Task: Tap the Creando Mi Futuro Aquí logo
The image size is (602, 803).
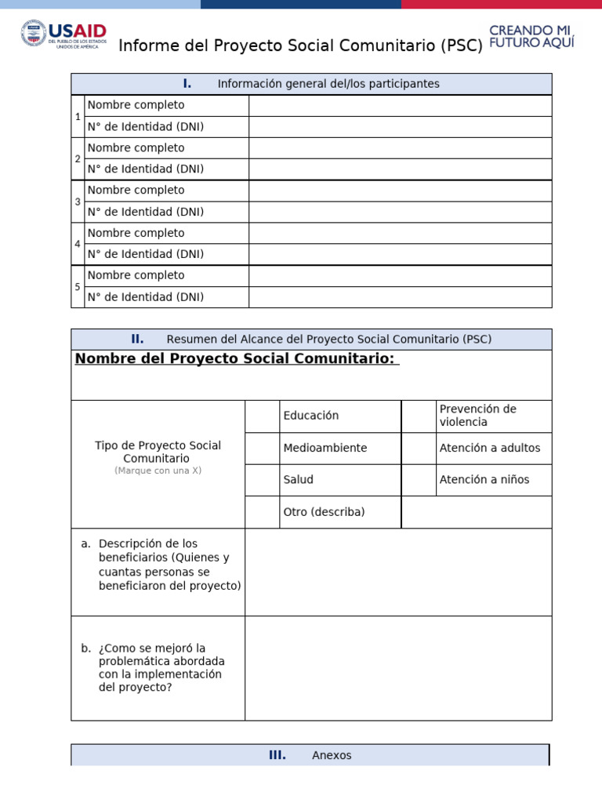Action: click(531, 36)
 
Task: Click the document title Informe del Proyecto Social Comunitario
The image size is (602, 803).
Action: click(300, 46)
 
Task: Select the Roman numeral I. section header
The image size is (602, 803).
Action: click(187, 84)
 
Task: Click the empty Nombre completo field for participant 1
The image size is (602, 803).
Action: click(400, 106)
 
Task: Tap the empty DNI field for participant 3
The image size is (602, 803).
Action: click(400, 212)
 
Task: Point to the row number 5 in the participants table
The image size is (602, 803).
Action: click(78, 287)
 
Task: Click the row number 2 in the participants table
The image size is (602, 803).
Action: click(78, 159)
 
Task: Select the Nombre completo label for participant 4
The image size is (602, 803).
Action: click(136, 233)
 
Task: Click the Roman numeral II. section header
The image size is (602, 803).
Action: click(137, 340)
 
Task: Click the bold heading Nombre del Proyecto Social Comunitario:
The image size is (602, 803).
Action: click(237, 359)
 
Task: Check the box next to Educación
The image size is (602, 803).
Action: click(262, 416)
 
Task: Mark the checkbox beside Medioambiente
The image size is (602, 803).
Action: click(262, 449)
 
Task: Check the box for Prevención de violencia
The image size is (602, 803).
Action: click(419, 416)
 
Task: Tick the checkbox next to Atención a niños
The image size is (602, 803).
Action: click(419, 480)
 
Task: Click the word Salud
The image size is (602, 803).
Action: click(299, 480)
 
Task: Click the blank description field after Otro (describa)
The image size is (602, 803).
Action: click(477, 512)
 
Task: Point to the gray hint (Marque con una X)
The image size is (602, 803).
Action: click(158, 471)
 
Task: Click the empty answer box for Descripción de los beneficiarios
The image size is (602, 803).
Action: click(398, 572)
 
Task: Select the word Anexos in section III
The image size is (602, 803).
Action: click(332, 756)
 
